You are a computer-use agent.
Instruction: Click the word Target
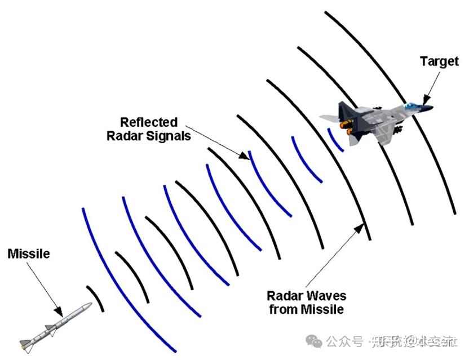(x=440, y=61)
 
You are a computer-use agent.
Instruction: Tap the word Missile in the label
(x=28, y=254)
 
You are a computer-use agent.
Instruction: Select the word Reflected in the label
(x=149, y=122)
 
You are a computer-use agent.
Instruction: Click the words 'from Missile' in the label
(x=306, y=309)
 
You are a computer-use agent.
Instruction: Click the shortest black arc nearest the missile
(x=96, y=298)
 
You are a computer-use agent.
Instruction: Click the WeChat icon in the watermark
(x=315, y=341)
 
